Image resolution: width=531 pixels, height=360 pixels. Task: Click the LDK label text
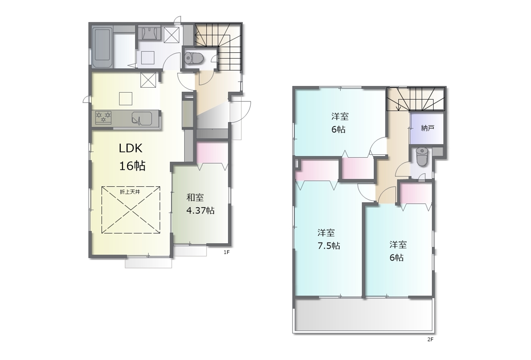pyautogui.click(x=131, y=148)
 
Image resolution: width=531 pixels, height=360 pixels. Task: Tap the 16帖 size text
pyautogui.click(x=132, y=166)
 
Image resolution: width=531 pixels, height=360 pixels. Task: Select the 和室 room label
pyautogui.click(x=195, y=198)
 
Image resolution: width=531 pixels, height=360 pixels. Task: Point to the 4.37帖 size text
pyautogui.click(x=200, y=210)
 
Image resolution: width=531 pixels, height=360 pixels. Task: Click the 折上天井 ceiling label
pyautogui.click(x=130, y=192)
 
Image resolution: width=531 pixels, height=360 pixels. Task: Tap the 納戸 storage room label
pyautogui.click(x=428, y=128)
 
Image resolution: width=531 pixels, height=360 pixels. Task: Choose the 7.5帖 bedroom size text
pyautogui.click(x=329, y=246)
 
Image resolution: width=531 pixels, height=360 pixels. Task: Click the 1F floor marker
pyautogui.click(x=227, y=252)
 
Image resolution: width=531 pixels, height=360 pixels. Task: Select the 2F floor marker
pyautogui.click(x=430, y=339)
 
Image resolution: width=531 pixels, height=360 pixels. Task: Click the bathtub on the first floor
pyautogui.click(x=102, y=47)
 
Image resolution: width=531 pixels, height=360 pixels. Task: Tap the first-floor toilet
pyautogui.click(x=194, y=58)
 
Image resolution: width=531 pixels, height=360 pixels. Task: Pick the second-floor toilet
pyautogui.click(x=422, y=157)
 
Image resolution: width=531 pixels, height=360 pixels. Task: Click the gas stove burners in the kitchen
pyautogui.click(x=103, y=118)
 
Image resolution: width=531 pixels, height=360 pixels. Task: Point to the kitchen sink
pyautogui.click(x=142, y=118)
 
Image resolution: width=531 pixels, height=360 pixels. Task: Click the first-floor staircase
pyautogui.click(x=218, y=47)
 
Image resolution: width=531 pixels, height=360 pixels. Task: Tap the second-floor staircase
pyautogui.click(x=416, y=99)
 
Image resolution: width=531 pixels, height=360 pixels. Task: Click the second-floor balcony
pyautogui.click(x=364, y=315)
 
